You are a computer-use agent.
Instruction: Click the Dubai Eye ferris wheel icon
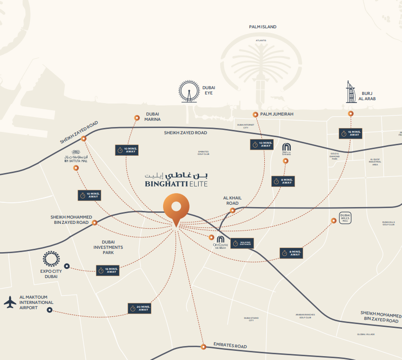click(189, 91)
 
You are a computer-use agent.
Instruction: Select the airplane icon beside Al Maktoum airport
click(10, 302)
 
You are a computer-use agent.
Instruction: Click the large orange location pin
click(176, 209)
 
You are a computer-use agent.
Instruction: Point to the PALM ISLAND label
click(262, 27)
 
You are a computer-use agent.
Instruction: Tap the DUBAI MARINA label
click(153, 116)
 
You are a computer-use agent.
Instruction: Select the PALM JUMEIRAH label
click(276, 114)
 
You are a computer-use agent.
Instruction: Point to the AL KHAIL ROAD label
click(231, 200)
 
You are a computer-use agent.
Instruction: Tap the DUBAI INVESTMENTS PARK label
click(108, 247)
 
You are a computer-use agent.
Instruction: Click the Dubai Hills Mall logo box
click(345, 218)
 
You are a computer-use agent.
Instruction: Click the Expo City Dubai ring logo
click(51, 259)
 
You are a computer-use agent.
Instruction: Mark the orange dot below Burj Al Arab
click(351, 114)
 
